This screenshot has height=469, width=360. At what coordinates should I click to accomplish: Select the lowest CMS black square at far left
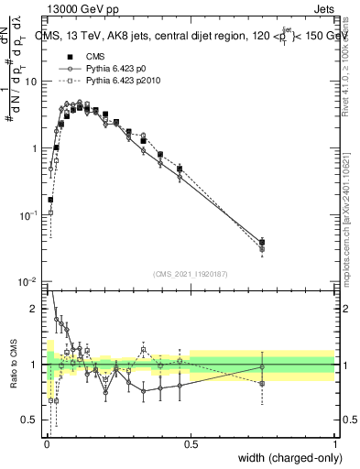(50, 199)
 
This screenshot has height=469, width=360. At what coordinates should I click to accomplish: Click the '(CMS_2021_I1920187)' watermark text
(191, 272)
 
